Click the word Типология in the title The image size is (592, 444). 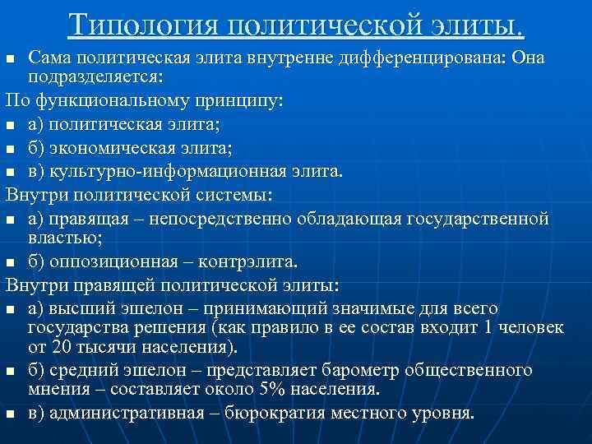click(141, 25)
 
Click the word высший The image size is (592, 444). click(86, 308)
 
